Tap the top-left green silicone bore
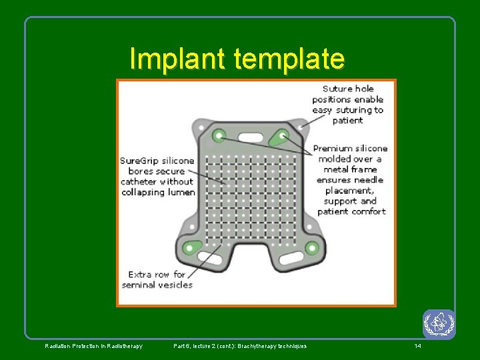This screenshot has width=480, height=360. pos(219,135)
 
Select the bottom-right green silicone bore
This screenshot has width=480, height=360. pos(311,248)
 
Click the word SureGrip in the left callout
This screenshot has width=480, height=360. pos(138,161)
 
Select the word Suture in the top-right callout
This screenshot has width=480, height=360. pos(338,89)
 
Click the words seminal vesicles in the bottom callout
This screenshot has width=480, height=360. pos(157,285)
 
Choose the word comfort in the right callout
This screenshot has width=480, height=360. pos(369,211)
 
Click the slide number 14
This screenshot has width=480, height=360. pos(417,346)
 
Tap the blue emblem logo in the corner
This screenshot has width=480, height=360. pos(439,324)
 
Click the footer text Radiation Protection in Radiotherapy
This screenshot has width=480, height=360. pos(93,346)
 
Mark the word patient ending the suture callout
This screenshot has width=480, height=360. pos(347,121)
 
